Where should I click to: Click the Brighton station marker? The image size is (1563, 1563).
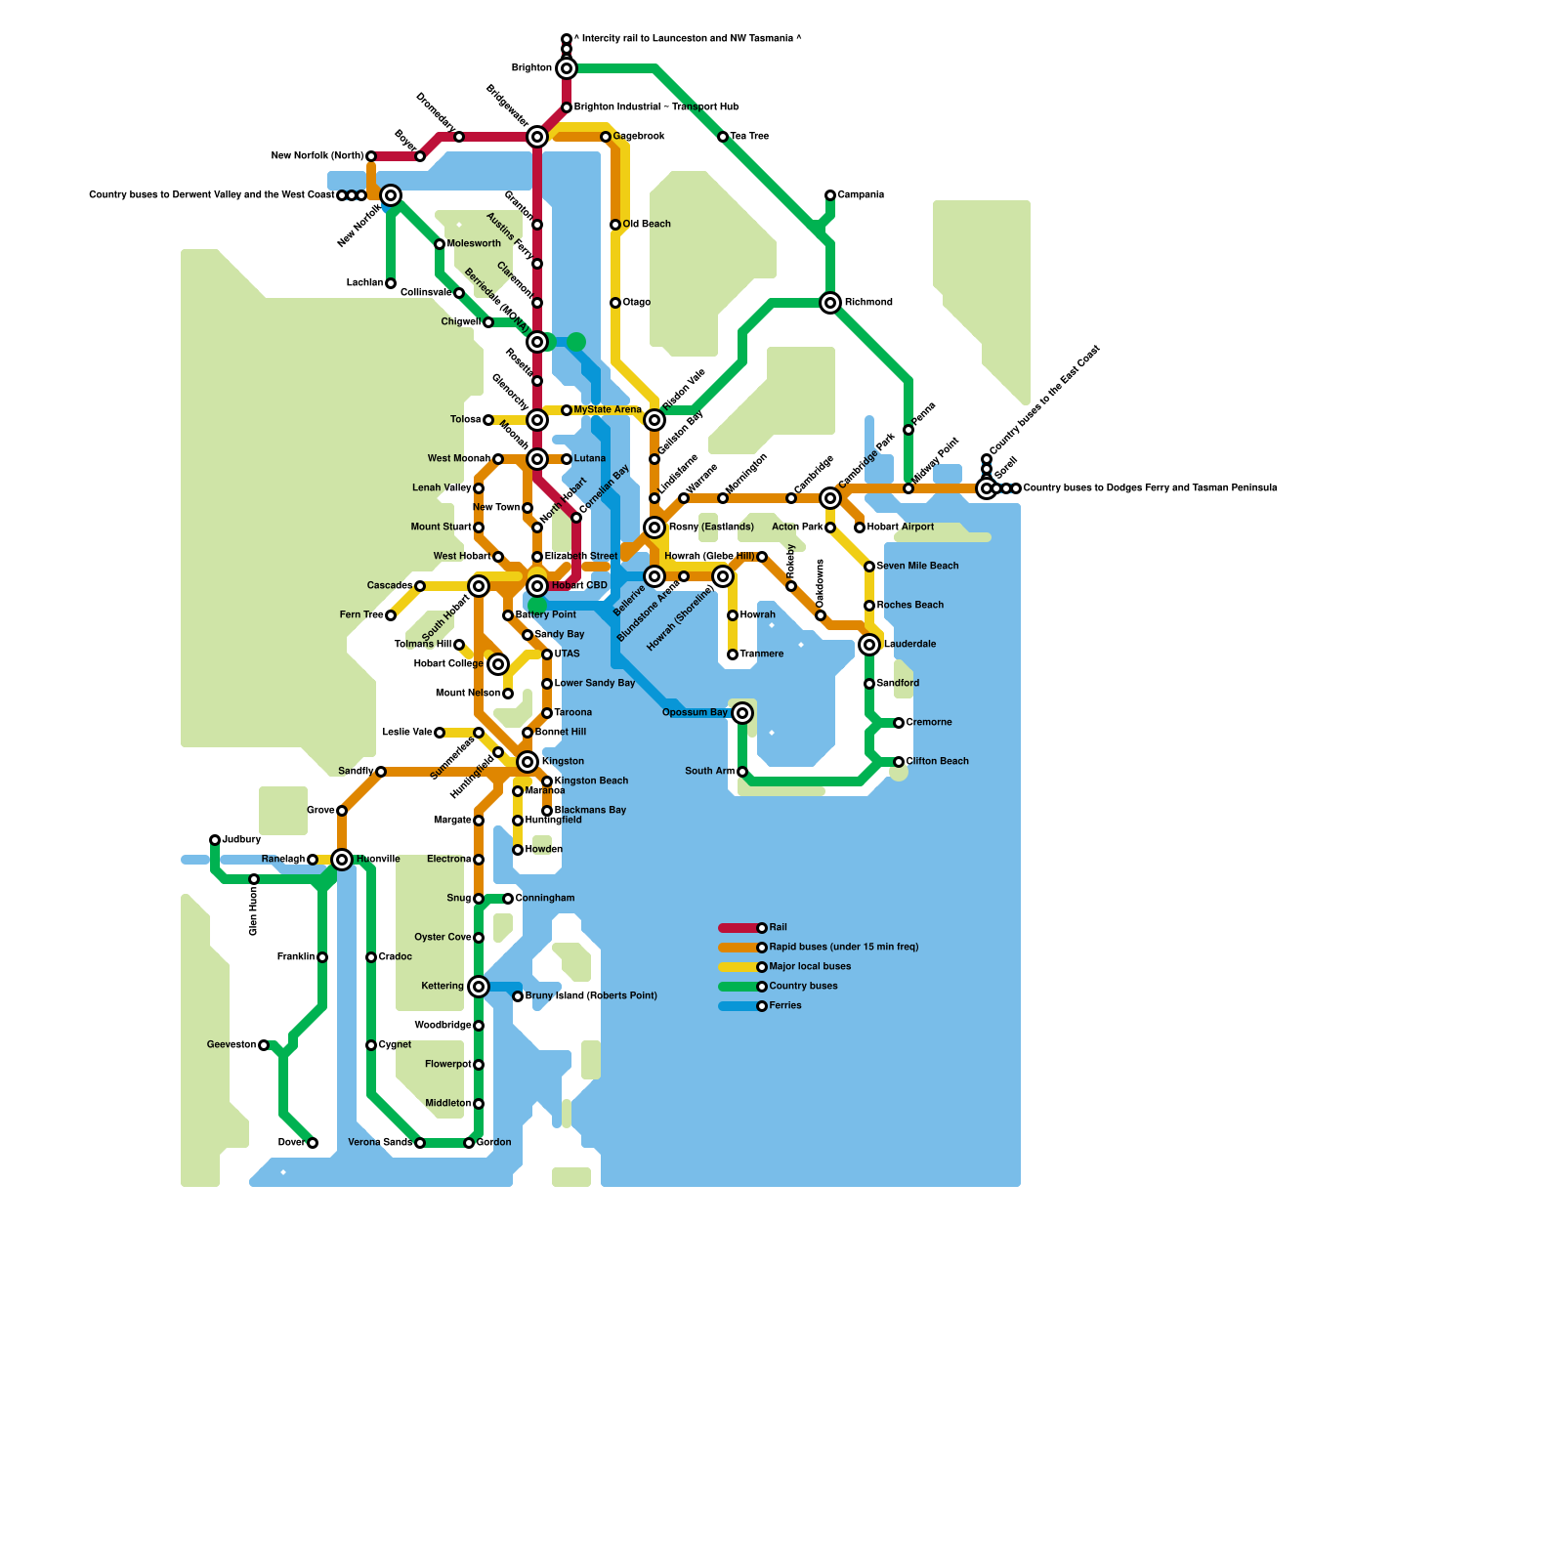pyautogui.click(x=567, y=68)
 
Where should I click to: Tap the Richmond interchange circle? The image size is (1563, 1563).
pyautogui.click(x=830, y=303)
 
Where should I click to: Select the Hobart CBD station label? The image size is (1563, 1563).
pyautogui.click(x=579, y=586)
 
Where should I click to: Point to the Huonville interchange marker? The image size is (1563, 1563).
pyautogui.click(x=342, y=860)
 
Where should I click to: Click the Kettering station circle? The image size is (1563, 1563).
pyautogui.click(x=479, y=987)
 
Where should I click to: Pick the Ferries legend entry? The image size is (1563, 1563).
pyautogui.click(x=762, y=1006)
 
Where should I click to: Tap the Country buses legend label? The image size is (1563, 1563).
pyautogui.click(x=803, y=987)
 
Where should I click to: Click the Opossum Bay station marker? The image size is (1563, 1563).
pyautogui.click(x=742, y=713)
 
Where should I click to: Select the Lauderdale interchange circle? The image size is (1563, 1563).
pyautogui.click(x=869, y=645)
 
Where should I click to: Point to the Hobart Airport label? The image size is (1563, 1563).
pyautogui.click(x=901, y=528)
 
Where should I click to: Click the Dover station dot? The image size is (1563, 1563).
pyautogui.click(x=313, y=1143)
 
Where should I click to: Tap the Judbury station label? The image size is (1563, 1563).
pyautogui.click(x=241, y=840)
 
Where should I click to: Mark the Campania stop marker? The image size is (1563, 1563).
pyautogui.click(x=830, y=195)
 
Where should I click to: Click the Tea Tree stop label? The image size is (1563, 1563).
pyautogui.click(x=749, y=137)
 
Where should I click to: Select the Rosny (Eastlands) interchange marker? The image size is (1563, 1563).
pyautogui.click(x=655, y=528)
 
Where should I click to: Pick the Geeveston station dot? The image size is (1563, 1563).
pyautogui.click(x=264, y=1045)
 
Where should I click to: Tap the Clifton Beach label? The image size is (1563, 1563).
pyautogui.click(x=937, y=762)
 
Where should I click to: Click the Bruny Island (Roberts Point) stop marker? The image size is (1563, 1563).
pyautogui.click(x=518, y=996)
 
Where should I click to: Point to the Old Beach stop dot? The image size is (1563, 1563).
pyautogui.click(x=615, y=225)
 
